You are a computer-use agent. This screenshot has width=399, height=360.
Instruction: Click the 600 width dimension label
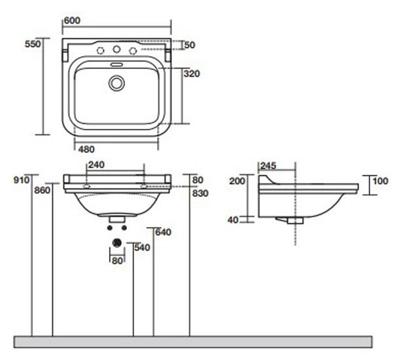point(72,20)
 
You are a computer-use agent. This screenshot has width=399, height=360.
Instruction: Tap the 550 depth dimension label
point(33,44)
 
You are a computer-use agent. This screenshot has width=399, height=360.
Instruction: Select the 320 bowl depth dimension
point(192,74)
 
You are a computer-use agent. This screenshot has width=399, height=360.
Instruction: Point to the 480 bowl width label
point(86,149)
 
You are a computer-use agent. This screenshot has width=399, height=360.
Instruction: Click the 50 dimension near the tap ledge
point(190,45)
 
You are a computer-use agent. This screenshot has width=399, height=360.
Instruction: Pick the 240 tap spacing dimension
point(96,165)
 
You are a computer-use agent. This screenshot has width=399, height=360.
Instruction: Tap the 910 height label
point(22,180)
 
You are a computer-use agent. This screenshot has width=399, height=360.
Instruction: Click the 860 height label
point(43,190)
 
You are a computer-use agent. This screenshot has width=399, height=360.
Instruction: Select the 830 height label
point(200,194)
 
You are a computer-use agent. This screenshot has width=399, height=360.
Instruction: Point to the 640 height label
point(164,232)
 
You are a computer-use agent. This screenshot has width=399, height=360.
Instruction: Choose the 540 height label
point(143,247)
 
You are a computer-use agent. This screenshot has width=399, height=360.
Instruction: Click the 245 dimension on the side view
point(268,166)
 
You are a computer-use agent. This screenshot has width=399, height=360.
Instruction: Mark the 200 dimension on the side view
point(237,181)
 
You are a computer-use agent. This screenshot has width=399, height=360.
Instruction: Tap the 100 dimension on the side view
point(381,181)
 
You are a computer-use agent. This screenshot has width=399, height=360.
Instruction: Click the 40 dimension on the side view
point(233,220)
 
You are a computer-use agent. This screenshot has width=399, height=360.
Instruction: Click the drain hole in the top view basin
point(117,83)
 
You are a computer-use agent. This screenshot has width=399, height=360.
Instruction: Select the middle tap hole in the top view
point(117,49)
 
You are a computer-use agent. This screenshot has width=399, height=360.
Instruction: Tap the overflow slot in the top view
point(117,64)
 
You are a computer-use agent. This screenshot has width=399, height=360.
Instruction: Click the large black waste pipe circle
point(117,243)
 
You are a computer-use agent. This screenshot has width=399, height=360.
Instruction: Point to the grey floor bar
point(193,342)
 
